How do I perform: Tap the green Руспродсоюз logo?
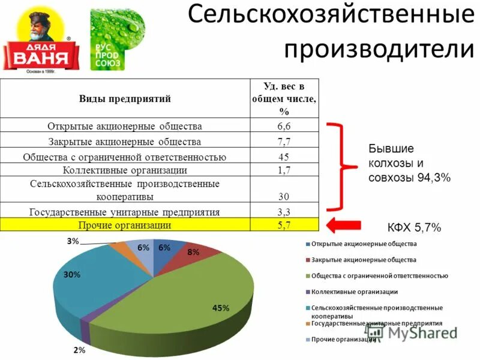tap(116, 39)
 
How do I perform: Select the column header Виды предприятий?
tap(125, 99)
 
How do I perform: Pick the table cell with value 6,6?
tap(284, 126)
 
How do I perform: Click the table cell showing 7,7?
tap(284, 142)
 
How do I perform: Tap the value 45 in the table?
tap(284, 157)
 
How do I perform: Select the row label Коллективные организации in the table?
tap(125, 170)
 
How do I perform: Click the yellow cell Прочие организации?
tap(125, 225)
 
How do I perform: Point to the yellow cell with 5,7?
tap(284, 225)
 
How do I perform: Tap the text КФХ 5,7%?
tap(414, 227)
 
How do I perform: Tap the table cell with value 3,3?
tap(284, 212)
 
